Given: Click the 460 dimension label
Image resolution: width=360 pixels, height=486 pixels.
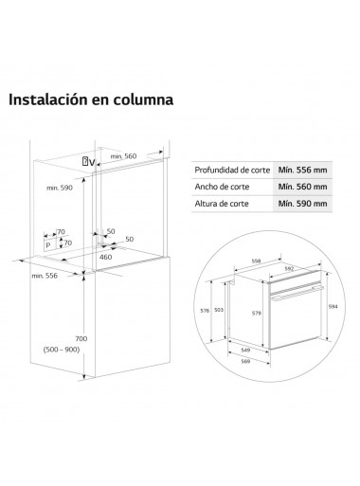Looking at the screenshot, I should coord(106,256).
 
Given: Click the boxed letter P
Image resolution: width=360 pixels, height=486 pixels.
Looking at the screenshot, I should coord(47,243).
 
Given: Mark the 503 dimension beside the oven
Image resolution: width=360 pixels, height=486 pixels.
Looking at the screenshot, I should coord(219,310).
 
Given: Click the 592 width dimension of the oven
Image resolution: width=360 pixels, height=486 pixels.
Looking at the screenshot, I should coord(291,267).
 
